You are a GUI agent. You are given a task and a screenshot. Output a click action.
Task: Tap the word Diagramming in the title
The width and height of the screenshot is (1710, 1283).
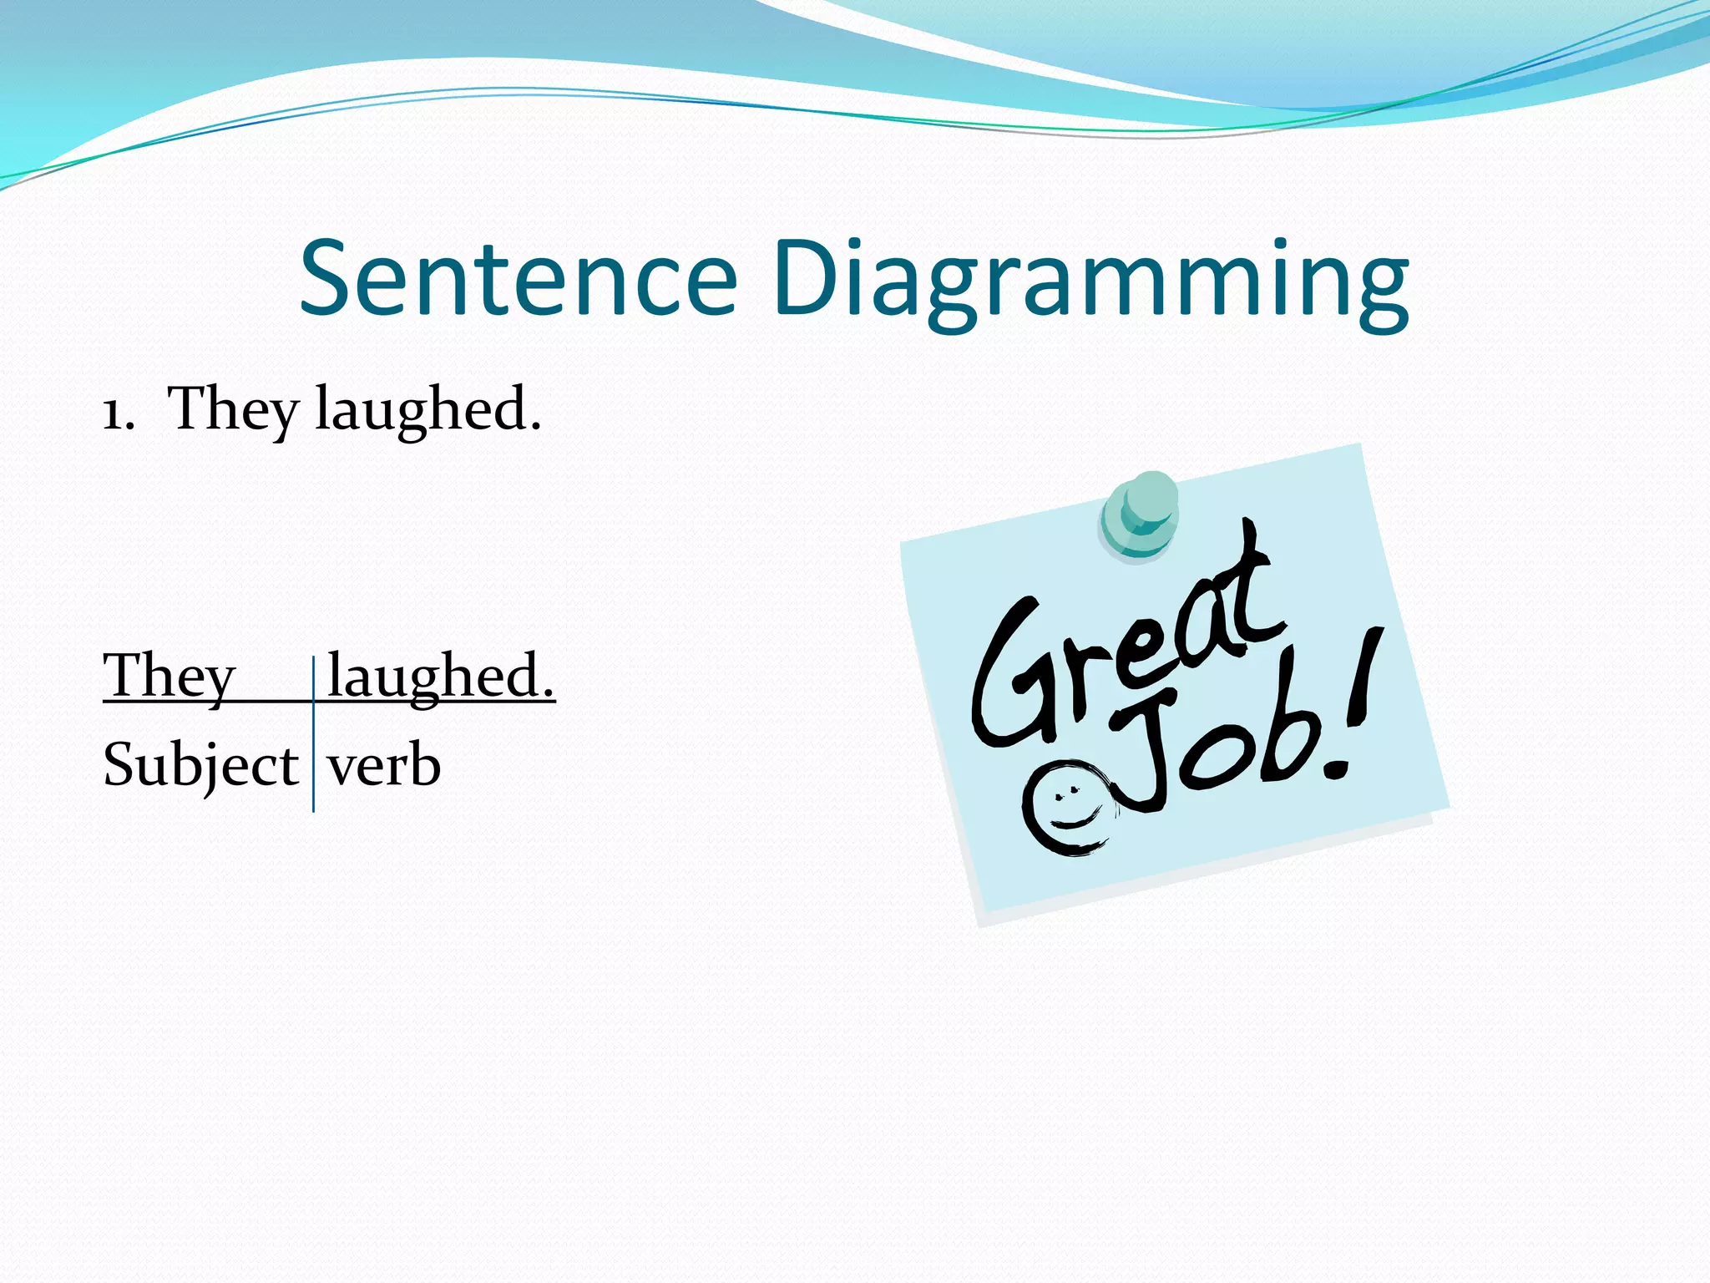[x=1090, y=280]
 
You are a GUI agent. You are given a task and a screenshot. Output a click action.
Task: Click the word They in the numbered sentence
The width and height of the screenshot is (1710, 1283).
[x=233, y=409]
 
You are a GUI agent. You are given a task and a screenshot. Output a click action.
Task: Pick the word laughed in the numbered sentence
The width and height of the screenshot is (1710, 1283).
[x=421, y=409]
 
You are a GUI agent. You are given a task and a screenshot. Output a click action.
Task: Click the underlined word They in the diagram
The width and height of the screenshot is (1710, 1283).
[x=169, y=676]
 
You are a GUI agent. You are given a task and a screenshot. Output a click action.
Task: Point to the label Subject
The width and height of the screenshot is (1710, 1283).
[x=200, y=765]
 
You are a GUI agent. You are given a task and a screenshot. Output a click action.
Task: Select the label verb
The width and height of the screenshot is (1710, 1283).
[x=384, y=765]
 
